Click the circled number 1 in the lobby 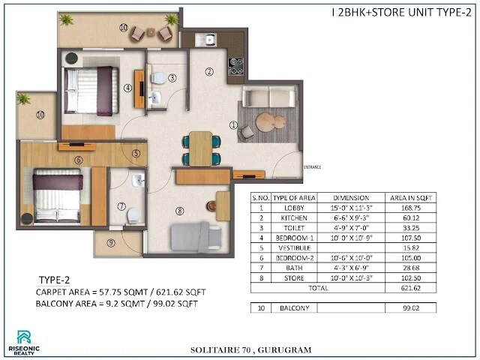point(233,125)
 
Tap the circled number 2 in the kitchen point(209,72)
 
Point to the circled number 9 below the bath point(111,242)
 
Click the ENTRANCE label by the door point(313,166)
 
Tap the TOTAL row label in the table point(318,287)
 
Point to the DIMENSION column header point(350,199)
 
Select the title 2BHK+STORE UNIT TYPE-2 point(397,12)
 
